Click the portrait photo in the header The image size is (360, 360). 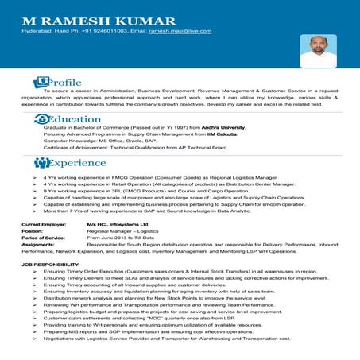tap(318, 50)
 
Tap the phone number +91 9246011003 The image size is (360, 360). tap(105, 31)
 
